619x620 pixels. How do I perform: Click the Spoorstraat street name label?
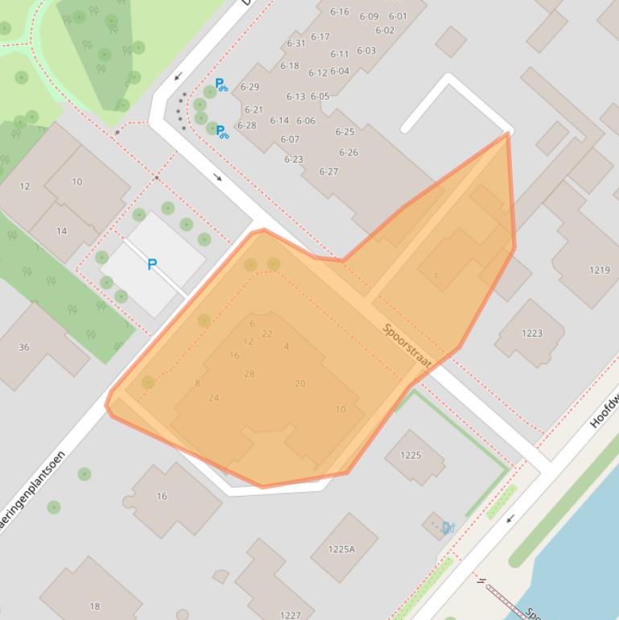[x=406, y=347]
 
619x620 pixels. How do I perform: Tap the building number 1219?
[x=600, y=270]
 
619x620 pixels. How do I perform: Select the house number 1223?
[x=531, y=333]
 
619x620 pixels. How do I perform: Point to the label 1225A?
[x=341, y=549]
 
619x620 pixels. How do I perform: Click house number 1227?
[x=290, y=615]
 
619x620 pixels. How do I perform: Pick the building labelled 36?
[x=24, y=347]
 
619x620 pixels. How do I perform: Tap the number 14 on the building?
[x=62, y=231]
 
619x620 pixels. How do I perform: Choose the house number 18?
[x=95, y=606]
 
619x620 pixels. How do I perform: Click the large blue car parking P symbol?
[x=151, y=264]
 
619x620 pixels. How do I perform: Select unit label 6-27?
[x=328, y=172]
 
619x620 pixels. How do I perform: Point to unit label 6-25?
[x=345, y=131]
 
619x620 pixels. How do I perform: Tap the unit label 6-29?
[x=250, y=87]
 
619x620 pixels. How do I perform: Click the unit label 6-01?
[x=398, y=16]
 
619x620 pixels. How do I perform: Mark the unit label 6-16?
[x=340, y=11]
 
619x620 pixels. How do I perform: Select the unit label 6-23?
[x=293, y=159]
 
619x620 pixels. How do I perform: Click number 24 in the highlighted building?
[x=213, y=398]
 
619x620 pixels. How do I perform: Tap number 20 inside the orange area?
[x=299, y=383]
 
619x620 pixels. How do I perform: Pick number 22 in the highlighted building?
[x=267, y=334]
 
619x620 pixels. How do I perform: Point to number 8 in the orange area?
[x=197, y=383]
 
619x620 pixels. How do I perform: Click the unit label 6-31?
[x=296, y=43]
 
